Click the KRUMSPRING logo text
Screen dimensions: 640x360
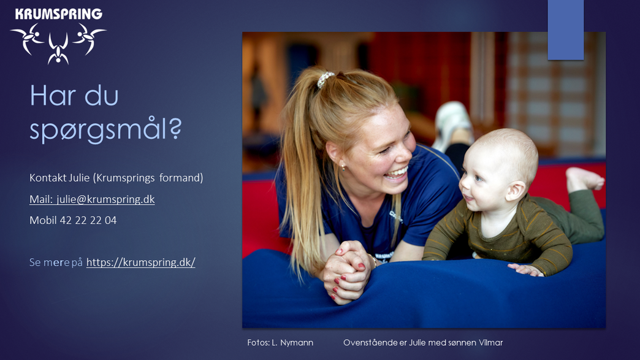(x=58, y=14)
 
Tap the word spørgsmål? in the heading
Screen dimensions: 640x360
(x=105, y=130)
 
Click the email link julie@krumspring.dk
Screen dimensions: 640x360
(x=105, y=199)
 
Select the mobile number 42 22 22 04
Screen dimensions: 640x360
(x=88, y=220)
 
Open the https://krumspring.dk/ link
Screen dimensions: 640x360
(x=141, y=262)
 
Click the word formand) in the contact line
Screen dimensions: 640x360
(x=181, y=178)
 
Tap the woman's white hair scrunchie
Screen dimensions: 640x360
(x=326, y=79)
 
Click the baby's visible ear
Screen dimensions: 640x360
(x=516, y=191)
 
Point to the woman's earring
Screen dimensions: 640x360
(x=343, y=167)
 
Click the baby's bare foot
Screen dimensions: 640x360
(x=584, y=179)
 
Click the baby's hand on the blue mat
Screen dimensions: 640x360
(x=526, y=269)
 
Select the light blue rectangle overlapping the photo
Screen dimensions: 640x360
(x=566, y=30)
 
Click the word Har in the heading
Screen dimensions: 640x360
(x=53, y=96)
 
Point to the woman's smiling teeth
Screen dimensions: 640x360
(x=397, y=172)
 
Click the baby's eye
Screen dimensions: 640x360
(x=478, y=178)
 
